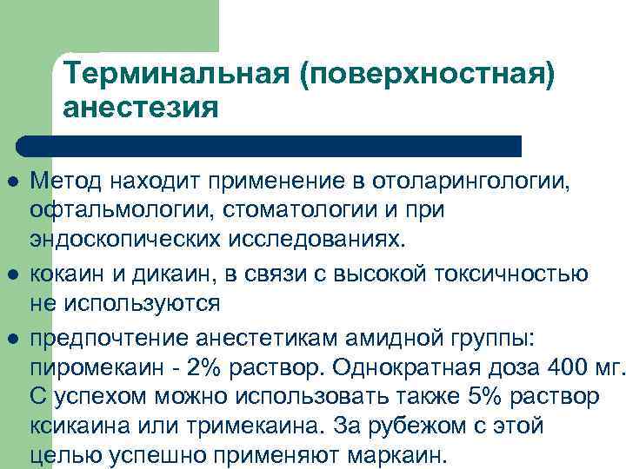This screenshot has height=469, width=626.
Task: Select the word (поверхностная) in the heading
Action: (425, 74)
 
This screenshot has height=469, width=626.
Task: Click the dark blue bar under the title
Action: (270, 145)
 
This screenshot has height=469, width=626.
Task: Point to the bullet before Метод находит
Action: (12, 182)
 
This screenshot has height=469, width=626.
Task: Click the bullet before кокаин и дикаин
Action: (12, 274)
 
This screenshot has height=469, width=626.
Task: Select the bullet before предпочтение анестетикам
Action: (12, 334)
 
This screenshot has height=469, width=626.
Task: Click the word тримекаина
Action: (266, 426)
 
